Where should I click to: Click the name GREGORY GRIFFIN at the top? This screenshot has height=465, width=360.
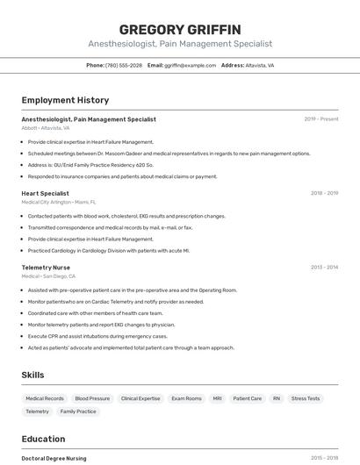(x=179, y=30)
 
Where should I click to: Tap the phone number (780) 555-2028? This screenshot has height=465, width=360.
(x=124, y=66)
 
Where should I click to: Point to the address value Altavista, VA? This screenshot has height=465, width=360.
(x=260, y=66)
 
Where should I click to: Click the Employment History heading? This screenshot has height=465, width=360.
(x=65, y=100)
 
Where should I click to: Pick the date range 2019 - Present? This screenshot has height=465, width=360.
(x=320, y=119)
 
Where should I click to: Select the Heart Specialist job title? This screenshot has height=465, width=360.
(x=45, y=193)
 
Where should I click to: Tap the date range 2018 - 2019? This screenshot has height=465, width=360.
(x=324, y=193)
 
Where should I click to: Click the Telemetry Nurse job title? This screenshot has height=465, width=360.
(x=46, y=267)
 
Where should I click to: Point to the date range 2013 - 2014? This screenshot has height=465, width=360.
(x=324, y=267)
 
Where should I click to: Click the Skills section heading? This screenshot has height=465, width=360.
(x=32, y=376)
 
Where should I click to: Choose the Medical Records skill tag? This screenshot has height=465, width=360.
(x=44, y=398)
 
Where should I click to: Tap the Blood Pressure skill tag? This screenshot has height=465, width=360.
(x=92, y=398)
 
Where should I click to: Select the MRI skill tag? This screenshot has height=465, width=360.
(x=217, y=398)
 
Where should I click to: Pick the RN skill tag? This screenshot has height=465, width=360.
(x=276, y=398)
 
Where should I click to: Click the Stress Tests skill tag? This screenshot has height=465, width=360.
(x=306, y=398)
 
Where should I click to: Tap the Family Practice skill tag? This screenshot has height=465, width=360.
(x=78, y=411)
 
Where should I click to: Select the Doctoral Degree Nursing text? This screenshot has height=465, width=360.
(x=54, y=458)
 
